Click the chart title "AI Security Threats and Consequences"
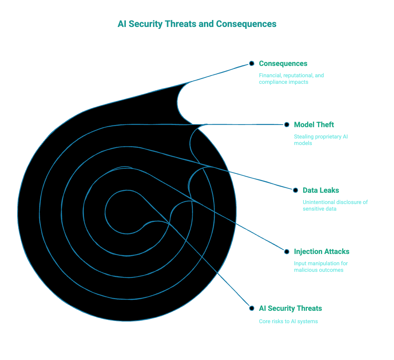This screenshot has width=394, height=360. tap(197, 24)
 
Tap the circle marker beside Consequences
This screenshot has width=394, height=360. tap(251, 63)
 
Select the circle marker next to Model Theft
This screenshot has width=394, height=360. tap(287, 125)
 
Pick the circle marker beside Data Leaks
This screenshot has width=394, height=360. tap(295, 190)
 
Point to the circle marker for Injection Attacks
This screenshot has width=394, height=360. tap(287, 251)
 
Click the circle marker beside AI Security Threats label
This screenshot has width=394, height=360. tap(251, 308)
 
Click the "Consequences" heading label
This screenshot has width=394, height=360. tap(283, 63)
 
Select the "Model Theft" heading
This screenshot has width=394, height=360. tap(314, 125)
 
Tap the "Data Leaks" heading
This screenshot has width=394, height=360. tap(321, 190)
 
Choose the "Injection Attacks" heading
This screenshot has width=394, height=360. tap(321, 251)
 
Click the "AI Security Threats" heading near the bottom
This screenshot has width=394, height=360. tap(290, 308)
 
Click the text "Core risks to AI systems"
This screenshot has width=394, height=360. tap(288, 321)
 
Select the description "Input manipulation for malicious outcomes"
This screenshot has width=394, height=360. tap(321, 267)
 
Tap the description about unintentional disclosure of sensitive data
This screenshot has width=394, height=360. tap(335, 206)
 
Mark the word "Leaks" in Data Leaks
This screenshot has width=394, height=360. tap(329, 190)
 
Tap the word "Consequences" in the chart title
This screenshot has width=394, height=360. tap(246, 24)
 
